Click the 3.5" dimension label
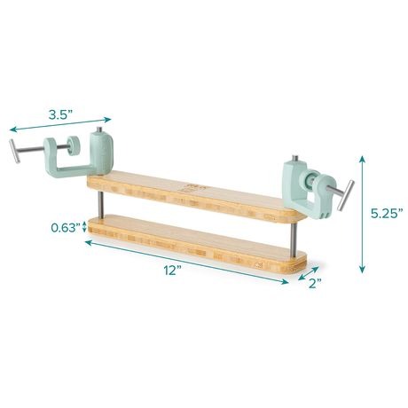click(61, 114)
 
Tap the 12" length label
click(173, 271)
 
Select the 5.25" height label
click(387, 213)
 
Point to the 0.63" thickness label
click(66, 228)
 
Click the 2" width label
click(315, 284)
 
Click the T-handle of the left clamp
click(15, 151)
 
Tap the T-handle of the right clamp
click(346, 195)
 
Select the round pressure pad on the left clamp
click(73, 145)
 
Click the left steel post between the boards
click(101, 205)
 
